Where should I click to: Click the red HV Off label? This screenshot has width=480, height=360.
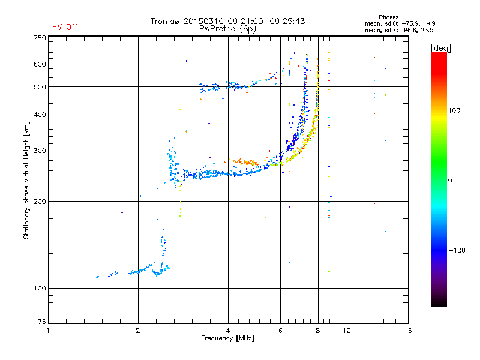tap(64, 27)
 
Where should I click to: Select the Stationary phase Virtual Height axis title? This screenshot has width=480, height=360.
tap(26, 180)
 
